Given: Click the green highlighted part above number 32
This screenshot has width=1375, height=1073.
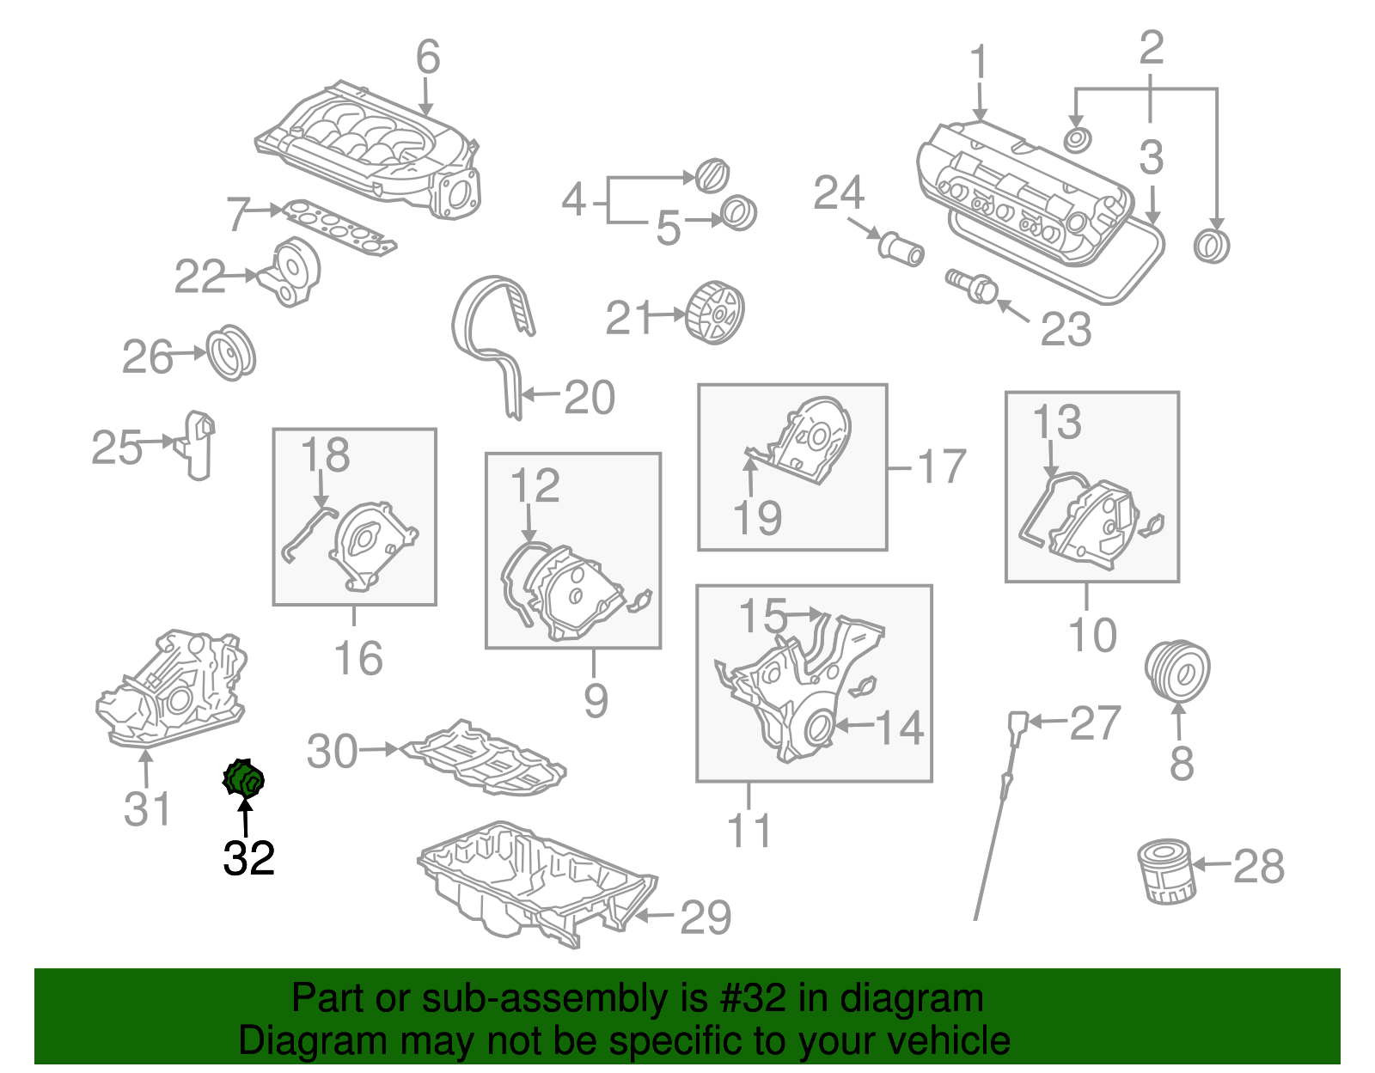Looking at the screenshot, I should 244,779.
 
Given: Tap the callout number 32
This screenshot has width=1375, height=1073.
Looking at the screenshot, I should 249,857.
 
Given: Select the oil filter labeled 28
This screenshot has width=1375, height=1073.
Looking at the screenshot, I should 1165,872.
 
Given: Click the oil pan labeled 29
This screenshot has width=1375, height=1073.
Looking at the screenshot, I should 533,885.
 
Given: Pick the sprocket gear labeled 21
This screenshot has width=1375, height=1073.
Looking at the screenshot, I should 715,313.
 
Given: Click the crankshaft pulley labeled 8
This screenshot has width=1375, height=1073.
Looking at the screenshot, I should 1177,671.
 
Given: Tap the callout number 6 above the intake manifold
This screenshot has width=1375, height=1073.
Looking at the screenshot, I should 428,58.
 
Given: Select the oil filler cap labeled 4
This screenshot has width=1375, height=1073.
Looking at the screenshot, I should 712,176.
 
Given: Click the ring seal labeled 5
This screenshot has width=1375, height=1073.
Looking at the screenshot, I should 737,213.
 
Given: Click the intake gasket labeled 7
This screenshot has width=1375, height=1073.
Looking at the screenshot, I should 340,229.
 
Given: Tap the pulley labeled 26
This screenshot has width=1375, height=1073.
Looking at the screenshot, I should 231,353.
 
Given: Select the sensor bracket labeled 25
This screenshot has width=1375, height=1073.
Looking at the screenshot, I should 198,444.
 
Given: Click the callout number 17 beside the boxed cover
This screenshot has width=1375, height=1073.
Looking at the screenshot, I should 942,467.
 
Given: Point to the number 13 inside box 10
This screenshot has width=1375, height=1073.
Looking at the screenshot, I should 1056,423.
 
